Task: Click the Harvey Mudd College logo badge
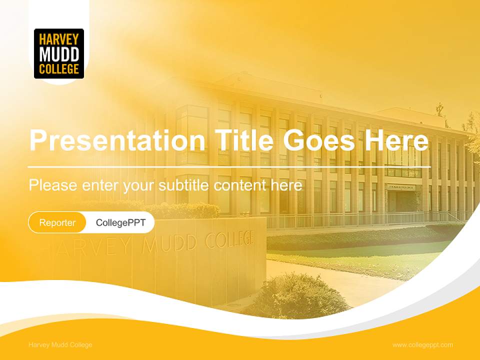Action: (x=59, y=53)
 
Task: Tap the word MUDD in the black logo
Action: (x=59, y=53)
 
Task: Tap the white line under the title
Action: (x=229, y=166)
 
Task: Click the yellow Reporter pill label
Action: (x=57, y=222)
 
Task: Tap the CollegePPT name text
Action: (x=120, y=222)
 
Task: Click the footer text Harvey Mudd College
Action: (x=60, y=345)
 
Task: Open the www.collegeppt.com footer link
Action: (x=422, y=345)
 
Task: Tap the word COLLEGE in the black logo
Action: (x=59, y=68)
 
